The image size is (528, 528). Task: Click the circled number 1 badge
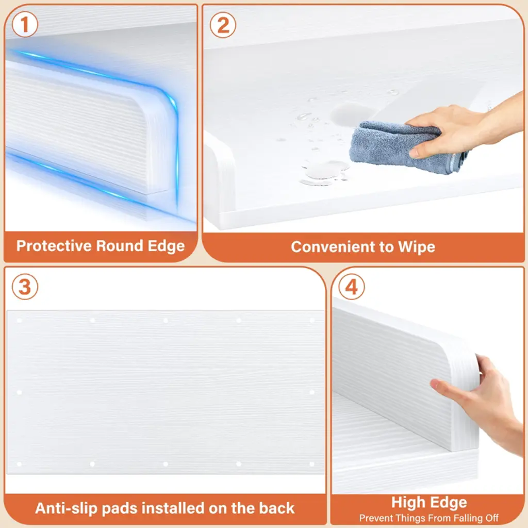(25, 24)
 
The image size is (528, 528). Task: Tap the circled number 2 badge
(223, 25)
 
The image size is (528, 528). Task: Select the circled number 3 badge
(25, 287)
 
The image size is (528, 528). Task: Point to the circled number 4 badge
(352, 287)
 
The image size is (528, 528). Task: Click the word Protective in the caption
(54, 246)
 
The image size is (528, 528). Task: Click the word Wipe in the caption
(417, 247)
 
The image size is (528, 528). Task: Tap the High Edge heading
(429, 503)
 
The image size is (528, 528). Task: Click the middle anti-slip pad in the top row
(166, 320)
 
